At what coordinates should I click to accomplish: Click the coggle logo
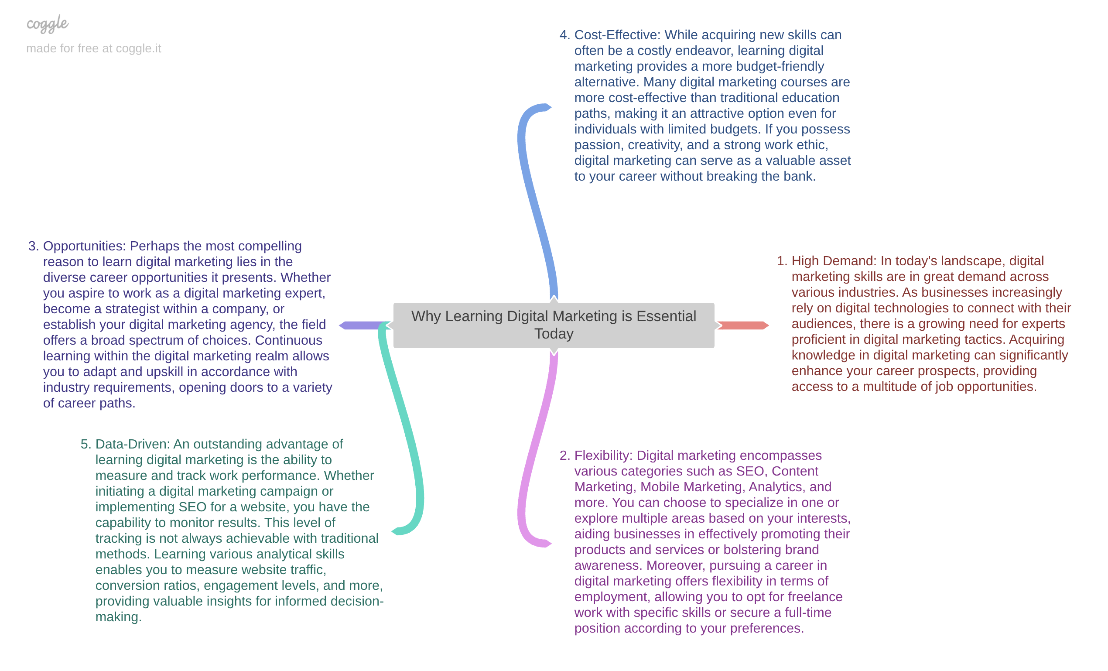[x=47, y=24]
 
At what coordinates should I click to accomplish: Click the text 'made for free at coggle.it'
[x=93, y=48]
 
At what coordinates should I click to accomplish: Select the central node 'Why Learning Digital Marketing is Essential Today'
[x=554, y=325]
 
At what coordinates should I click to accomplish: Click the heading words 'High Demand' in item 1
[x=833, y=261]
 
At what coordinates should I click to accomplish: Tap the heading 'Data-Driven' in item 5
[x=133, y=444]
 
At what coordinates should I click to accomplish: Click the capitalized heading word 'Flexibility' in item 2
[x=603, y=455]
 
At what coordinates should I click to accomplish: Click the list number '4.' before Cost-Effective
[x=564, y=35]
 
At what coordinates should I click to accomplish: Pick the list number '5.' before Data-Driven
[x=85, y=444]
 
